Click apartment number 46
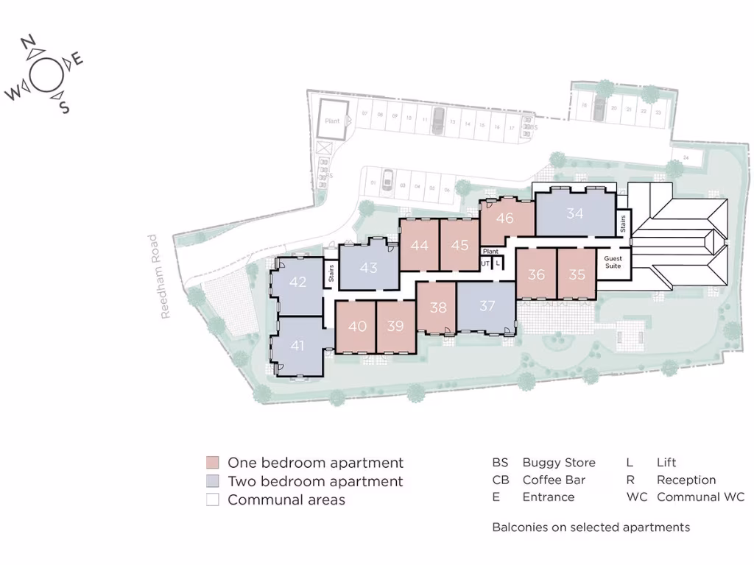(x=504, y=218)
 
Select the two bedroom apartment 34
(x=575, y=213)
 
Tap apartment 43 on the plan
(x=368, y=267)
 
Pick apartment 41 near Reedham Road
(x=297, y=345)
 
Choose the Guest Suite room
(x=613, y=262)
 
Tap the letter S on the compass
(x=64, y=107)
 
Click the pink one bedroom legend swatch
(x=213, y=463)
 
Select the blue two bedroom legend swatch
(x=213, y=482)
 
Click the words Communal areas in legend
(x=286, y=500)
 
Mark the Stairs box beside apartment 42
(x=331, y=274)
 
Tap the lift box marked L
(x=498, y=263)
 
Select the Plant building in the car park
(x=333, y=121)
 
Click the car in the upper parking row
(x=437, y=121)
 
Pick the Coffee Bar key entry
(x=553, y=480)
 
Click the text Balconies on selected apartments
(x=591, y=527)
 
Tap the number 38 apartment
(x=438, y=308)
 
